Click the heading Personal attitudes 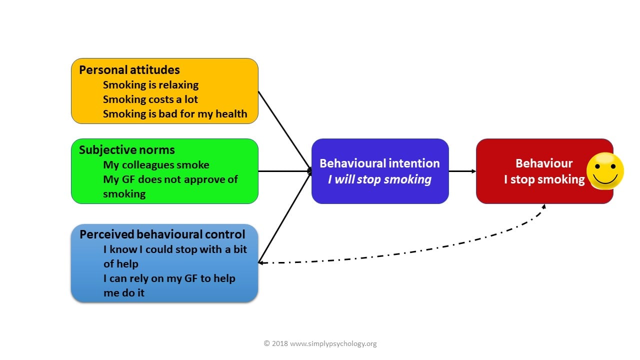[129, 69]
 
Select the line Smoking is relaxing [150, 84]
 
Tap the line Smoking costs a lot [150, 99]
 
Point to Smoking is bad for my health [175, 113]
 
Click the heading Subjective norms [126, 149]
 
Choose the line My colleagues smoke [156, 164]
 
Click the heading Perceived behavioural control [162, 234]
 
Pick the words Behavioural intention [379, 163]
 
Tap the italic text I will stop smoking [379, 179]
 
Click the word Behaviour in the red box [544, 163]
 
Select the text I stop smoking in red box [544, 179]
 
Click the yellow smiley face [604, 171]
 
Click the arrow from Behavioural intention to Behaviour [462, 171]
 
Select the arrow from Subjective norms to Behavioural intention [285, 171]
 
